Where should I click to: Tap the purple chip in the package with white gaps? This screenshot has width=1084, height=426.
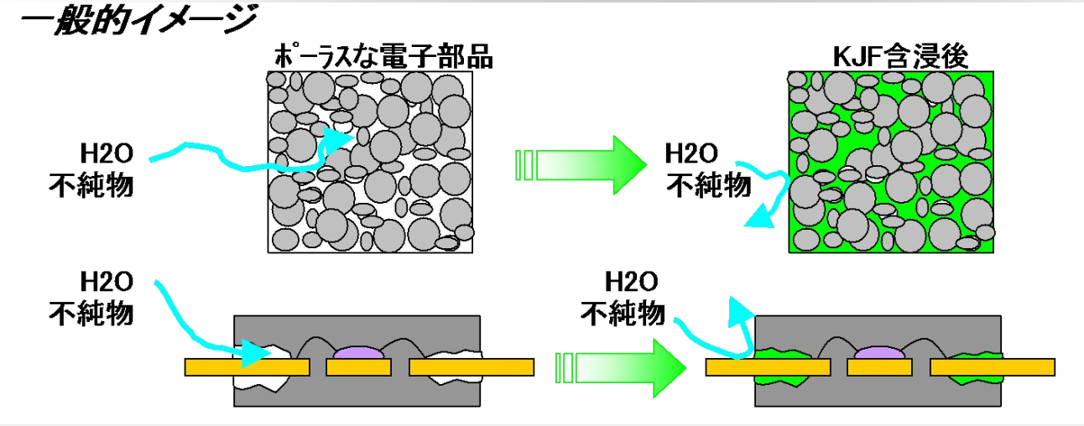(361, 354)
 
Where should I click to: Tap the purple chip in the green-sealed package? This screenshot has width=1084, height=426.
(882, 354)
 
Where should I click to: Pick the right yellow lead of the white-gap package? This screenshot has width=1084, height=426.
(470, 367)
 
